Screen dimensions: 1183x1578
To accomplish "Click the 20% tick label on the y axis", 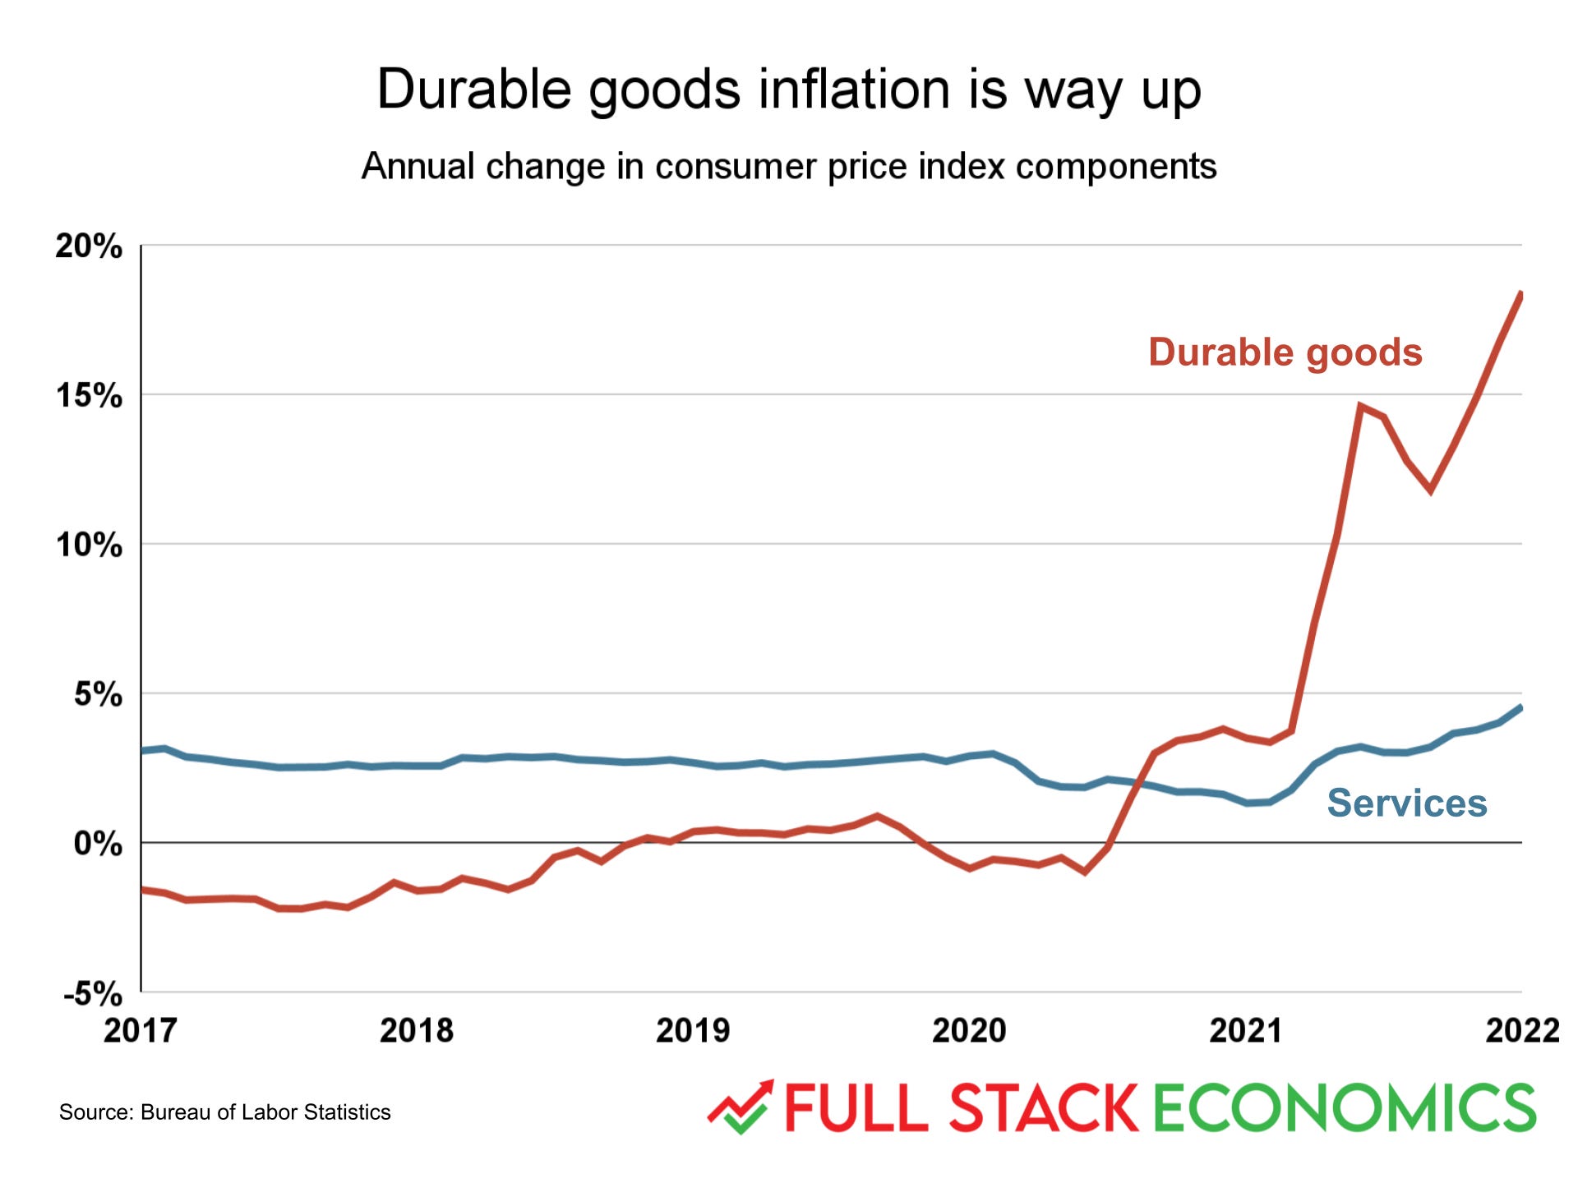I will tap(89, 246).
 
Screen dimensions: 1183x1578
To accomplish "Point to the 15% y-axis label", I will tap(89, 396).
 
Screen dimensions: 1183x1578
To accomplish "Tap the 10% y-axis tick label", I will tap(89, 545).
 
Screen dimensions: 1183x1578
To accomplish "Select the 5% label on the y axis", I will tap(97, 694).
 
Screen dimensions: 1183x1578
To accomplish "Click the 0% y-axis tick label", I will tap(97, 844).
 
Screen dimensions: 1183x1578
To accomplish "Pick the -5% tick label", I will tap(92, 994).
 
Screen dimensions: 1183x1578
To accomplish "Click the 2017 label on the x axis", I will tap(140, 1030).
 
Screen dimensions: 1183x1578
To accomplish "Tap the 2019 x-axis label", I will tap(692, 1030).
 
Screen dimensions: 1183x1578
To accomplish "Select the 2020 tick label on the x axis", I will tap(968, 1030).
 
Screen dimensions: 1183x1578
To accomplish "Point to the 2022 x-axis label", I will tap(1521, 1030).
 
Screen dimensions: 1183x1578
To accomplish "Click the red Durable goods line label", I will tap(1285, 352).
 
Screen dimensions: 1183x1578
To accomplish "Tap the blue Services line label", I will tap(1406, 803).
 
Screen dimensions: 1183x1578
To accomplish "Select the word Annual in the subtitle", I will tap(418, 166).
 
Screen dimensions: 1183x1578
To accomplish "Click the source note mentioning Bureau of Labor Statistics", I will tap(224, 1112).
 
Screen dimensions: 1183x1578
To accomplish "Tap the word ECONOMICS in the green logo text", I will tap(1344, 1107).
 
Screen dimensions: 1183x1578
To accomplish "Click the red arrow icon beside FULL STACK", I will tap(741, 1106).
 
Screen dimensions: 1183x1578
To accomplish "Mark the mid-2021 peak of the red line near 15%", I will tap(1360, 406).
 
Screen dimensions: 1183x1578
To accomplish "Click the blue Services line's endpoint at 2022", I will tap(1520, 707).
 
